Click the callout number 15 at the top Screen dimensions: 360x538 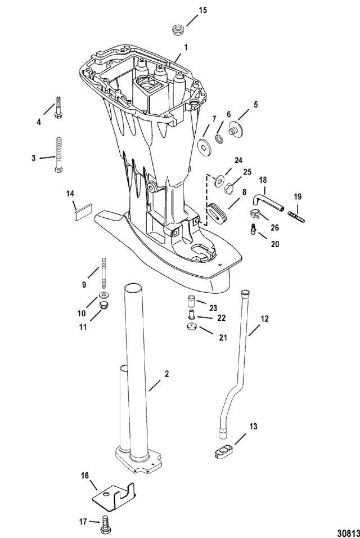click(x=202, y=10)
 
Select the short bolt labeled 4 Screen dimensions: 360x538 click(x=57, y=107)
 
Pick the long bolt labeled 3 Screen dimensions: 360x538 click(x=58, y=155)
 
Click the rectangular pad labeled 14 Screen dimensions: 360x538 click(x=83, y=212)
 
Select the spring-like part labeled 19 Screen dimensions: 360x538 click(x=296, y=217)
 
